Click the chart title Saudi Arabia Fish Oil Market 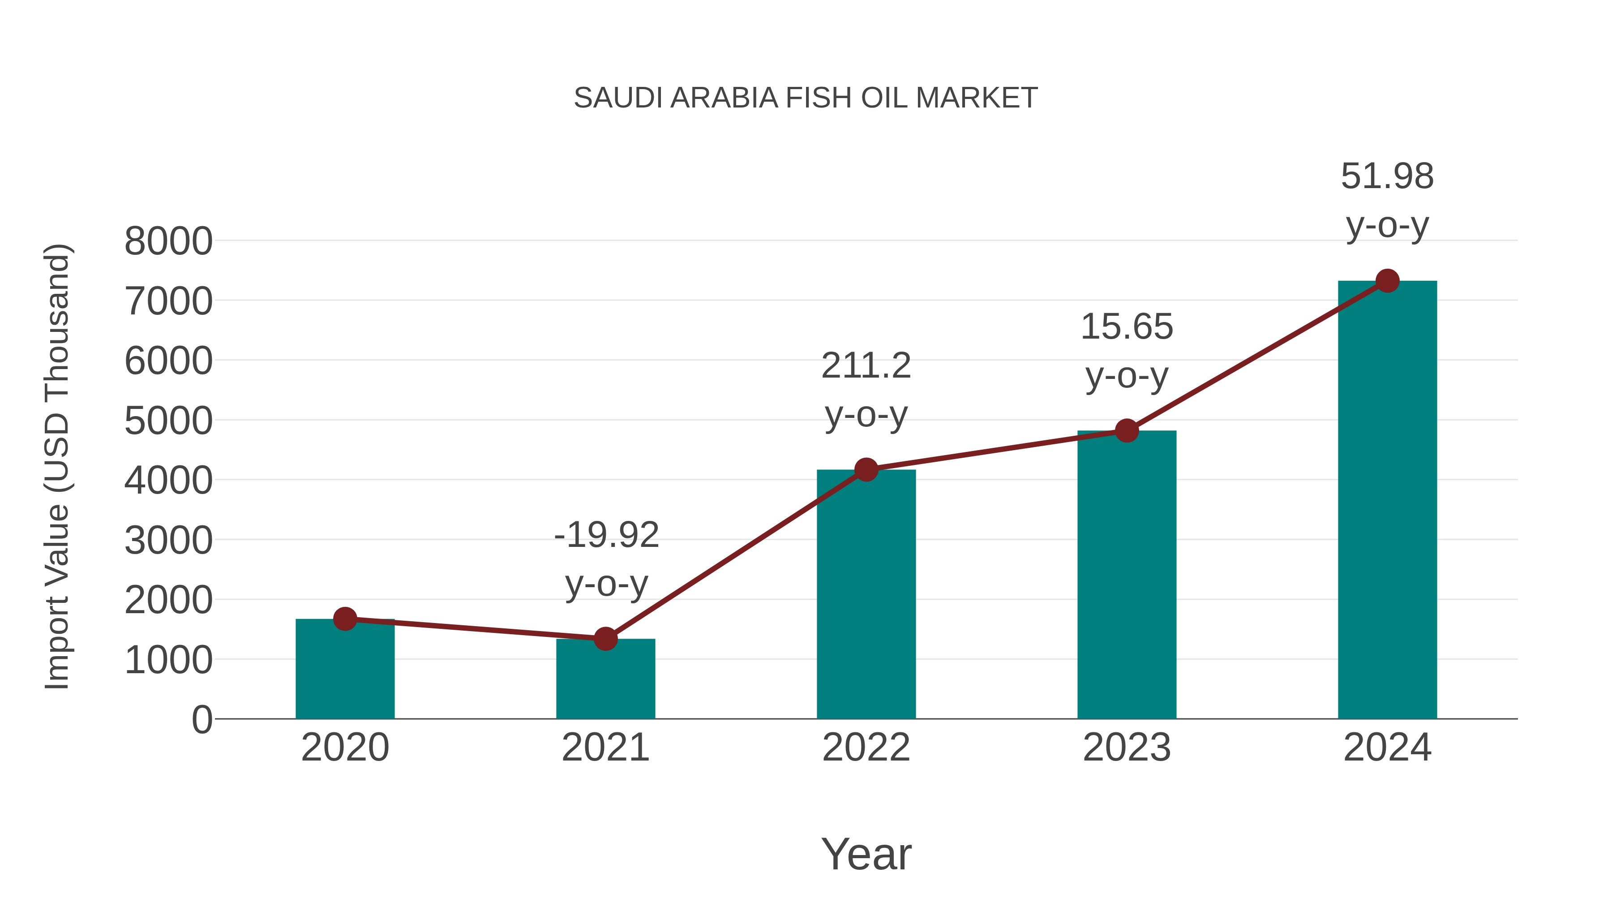tap(806, 98)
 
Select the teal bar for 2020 tap(345, 673)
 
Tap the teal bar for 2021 tap(605, 682)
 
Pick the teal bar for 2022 tap(866, 595)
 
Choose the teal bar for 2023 tap(1127, 576)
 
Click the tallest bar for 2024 tap(1387, 501)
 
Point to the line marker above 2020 tap(345, 619)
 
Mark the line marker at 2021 tap(605, 639)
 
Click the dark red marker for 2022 tap(866, 469)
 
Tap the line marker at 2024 tap(1387, 281)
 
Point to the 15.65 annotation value tap(1127, 327)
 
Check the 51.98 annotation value tap(1387, 176)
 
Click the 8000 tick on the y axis tap(168, 241)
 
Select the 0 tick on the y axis tap(201, 720)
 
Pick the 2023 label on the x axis tap(1127, 748)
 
